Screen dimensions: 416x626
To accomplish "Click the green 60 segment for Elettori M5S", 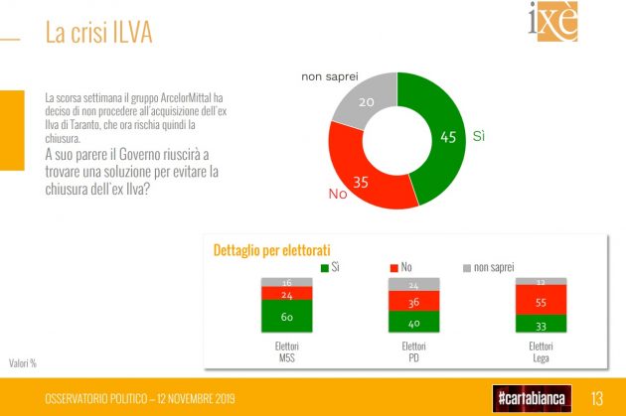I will [x=286, y=317].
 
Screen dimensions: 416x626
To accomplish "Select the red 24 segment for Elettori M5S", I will [x=286, y=294].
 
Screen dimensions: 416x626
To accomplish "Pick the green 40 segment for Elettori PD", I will [x=413, y=322].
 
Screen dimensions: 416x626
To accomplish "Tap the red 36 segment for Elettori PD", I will [x=413, y=302].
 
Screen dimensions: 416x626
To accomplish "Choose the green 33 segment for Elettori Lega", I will [x=541, y=324].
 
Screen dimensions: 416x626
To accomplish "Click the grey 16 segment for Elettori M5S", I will [x=286, y=283].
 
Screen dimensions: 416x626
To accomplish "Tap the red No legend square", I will [x=394, y=267].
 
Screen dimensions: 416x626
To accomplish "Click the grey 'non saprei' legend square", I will [x=467, y=267].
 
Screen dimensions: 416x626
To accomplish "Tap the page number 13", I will [x=598, y=397].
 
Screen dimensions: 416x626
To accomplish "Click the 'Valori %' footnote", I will [x=24, y=362].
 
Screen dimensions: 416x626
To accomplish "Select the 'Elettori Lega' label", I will [x=541, y=351].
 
